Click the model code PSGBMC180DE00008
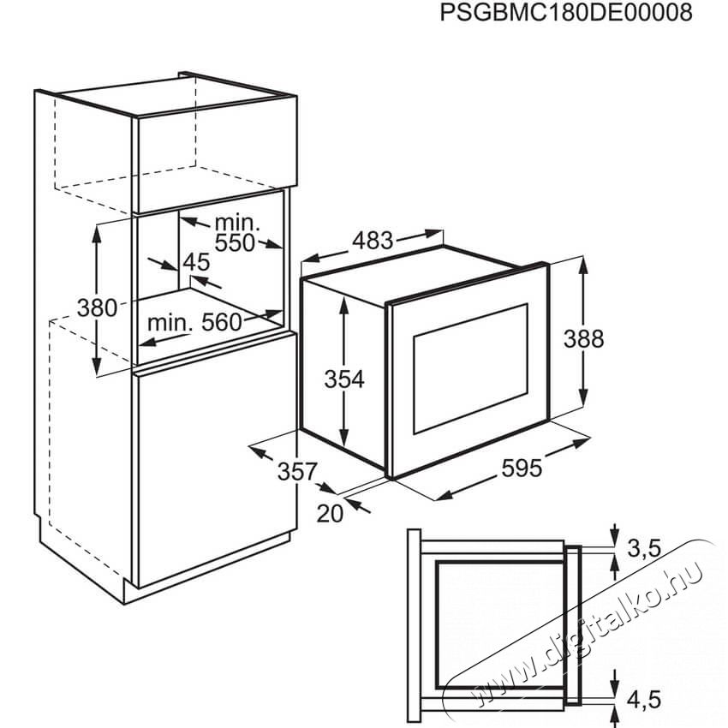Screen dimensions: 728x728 pyautogui.click(x=566, y=13)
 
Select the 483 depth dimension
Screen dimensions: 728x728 pyautogui.click(x=373, y=241)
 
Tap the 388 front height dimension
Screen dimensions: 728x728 pyautogui.click(x=583, y=339)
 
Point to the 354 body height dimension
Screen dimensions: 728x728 pyautogui.click(x=344, y=379)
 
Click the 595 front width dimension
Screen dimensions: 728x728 pyautogui.click(x=522, y=468)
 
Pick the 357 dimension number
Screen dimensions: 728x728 pyautogui.click(x=297, y=472)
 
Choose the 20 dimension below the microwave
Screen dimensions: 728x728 pyautogui.click(x=330, y=514)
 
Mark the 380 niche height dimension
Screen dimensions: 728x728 pyautogui.click(x=97, y=307)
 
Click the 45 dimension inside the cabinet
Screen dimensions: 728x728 pyautogui.click(x=196, y=262)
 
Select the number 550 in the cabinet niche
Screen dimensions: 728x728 pyautogui.click(x=235, y=243)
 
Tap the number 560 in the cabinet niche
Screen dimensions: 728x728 pyautogui.click(x=222, y=322)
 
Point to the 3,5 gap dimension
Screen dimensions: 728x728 pyautogui.click(x=644, y=548)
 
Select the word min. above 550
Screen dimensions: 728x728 pyautogui.click(x=236, y=223)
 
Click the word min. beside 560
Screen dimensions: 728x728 pyautogui.click(x=170, y=322)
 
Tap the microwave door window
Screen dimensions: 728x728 pyautogui.click(x=470, y=368)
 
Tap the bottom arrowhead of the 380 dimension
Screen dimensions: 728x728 pyautogui.click(x=97, y=366)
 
